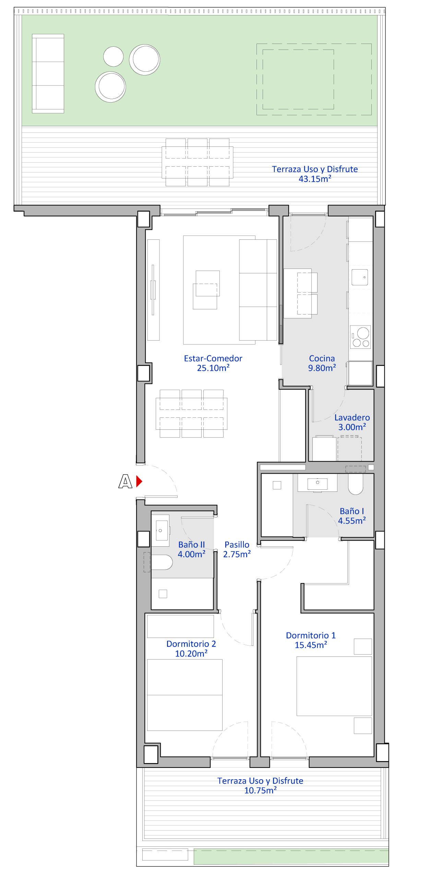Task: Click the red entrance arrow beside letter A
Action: (139, 481)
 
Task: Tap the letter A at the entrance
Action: (126, 481)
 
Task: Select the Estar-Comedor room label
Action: (213, 358)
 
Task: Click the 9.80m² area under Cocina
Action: (322, 368)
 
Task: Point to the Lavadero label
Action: (352, 417)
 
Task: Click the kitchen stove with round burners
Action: (360, 337)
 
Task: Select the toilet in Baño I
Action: (356, 484)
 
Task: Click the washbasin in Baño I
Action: (318, 483)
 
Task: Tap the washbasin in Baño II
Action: (160, 530)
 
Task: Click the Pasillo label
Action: (237, 545)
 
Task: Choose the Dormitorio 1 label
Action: (311, 636)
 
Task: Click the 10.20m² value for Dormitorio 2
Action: (191, 654)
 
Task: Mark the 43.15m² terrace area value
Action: (315, 179)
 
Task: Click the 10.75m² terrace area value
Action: (260, 791)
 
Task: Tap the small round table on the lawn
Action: (114, 57)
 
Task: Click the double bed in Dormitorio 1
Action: (334, 686)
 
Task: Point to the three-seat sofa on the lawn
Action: (48, 73)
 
